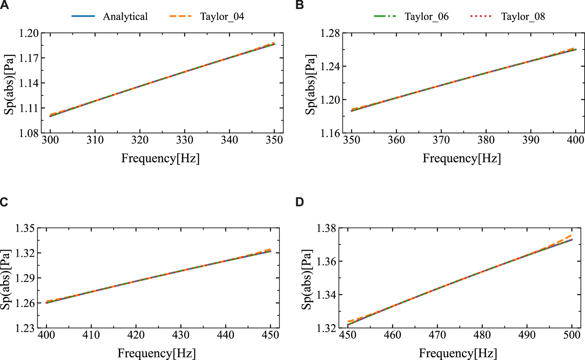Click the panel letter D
click(x=299, y=202)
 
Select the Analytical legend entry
click(x=125, y=16)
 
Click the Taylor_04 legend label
click(x=222, y=16)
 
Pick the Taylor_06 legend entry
click(x=427, y=16)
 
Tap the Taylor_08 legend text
click(x=523, y=16)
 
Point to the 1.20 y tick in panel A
click(x=29, y=33)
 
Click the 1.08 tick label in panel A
click(x=29, y=133)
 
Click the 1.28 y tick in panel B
click(x=330, y=33)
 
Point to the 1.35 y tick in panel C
click(x=25, y=228)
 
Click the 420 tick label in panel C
click(x=136, y=335)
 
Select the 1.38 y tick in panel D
click(x=327, y=228)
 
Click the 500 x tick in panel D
click(x=572, y=335)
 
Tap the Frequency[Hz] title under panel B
click(x=462, y=158)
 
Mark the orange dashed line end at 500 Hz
click(x=571, y=235)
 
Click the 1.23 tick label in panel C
click(x=25, y=328)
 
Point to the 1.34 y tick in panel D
click(x=327, y=295)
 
